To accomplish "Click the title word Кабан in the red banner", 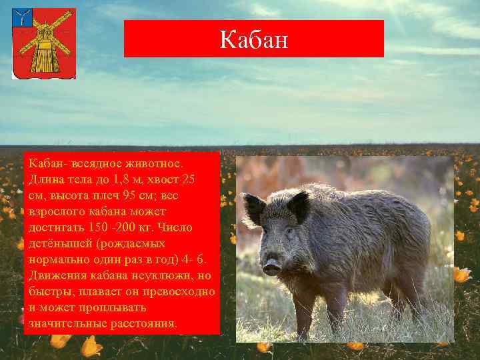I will pos(254,39).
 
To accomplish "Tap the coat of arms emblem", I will pos(44,44).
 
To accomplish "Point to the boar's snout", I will pos(271,267).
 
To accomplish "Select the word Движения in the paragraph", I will pos(55,276).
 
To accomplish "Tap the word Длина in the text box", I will pos(45,180).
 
